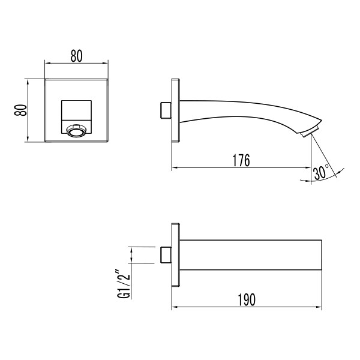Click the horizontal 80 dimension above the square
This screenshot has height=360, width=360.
(76, 56)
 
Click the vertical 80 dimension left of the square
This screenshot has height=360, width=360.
(20, 111)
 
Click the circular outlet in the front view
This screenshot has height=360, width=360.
(76, 129)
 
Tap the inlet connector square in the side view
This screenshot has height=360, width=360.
(166, 111)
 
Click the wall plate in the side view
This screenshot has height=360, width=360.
(176, 111)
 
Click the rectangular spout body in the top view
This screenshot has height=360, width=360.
(249, 254)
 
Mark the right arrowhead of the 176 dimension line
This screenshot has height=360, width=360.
(308, 169)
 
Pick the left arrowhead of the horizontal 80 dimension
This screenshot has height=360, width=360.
(49, 63)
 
